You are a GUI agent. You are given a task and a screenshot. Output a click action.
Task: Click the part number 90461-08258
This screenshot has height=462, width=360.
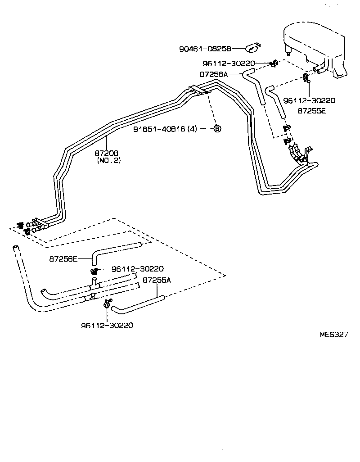click(x=205, y=49)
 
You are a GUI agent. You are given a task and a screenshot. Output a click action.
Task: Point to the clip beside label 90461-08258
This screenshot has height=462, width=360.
click(x=254, y=48)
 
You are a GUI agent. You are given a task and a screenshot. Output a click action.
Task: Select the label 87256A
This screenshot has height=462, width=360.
click(x=214, y=74)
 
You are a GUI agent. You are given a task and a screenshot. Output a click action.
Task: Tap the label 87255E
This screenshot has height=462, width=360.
click(x=312, y=111)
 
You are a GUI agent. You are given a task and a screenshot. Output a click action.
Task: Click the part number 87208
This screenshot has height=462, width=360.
click(x=106, y=153)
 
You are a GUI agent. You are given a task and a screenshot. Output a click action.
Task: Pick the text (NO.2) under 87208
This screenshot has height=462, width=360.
click(x=108, y=161)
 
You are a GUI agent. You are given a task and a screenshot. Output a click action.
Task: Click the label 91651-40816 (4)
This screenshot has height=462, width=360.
click(x=165, y=129)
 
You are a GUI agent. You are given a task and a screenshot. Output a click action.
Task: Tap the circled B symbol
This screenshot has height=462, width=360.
click(x=217, y=129)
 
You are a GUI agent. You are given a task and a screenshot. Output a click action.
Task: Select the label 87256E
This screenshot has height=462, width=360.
click(x=63, y=259)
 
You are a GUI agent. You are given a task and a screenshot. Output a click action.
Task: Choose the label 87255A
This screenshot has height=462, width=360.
click(x=157, y=280)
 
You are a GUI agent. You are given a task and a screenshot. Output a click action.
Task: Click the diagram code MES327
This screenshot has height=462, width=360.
click(x=334, y=335)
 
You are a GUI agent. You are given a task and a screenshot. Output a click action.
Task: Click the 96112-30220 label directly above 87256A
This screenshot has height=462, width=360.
click(x=229, y=63)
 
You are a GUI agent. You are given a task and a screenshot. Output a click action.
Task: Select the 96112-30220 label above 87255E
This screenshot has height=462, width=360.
click(x=309, y=101)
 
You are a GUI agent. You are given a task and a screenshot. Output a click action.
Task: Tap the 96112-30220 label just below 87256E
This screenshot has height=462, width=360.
click(x=138, y=269)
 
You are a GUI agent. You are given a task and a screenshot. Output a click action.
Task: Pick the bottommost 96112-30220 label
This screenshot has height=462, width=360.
click(x=107, y=326)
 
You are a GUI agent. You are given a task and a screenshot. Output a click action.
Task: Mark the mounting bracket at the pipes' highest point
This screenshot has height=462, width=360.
click(x=199, y=90)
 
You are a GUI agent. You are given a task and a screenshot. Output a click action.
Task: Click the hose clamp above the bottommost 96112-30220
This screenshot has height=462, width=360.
click(x=108, y=303)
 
